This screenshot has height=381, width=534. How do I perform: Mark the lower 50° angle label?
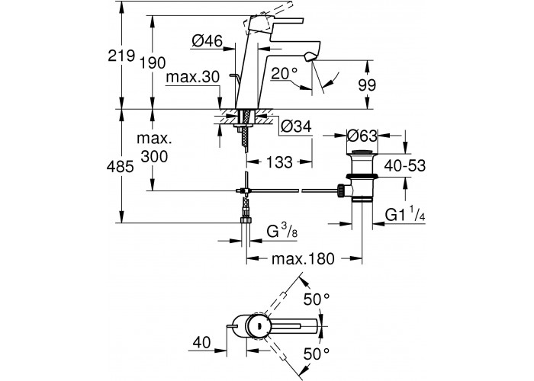316,353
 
